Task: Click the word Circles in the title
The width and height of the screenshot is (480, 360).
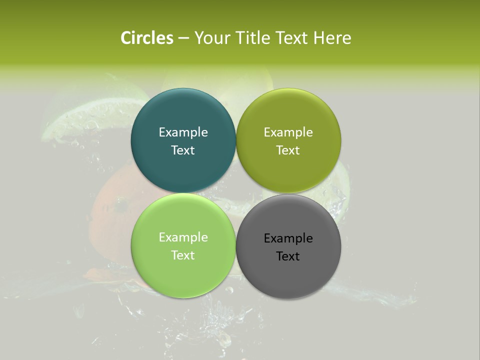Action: (x=146, y=38)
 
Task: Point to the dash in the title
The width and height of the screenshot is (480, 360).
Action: (x=183, y=38)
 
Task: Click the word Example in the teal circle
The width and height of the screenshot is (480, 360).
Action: (x=183, y=132)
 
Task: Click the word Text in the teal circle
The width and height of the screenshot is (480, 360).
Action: (x=183, y=150)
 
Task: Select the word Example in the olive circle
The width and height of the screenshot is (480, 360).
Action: (x=288, y=132)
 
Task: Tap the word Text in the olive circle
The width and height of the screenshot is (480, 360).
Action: (x=288, y=150)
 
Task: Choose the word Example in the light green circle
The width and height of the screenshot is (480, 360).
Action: (x=183, y=237)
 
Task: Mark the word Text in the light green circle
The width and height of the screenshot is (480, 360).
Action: (x=183, y=255)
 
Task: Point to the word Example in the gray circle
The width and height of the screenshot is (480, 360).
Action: (x=288, y=238)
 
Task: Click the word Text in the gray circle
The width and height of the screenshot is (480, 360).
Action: (x=288, y=256)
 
